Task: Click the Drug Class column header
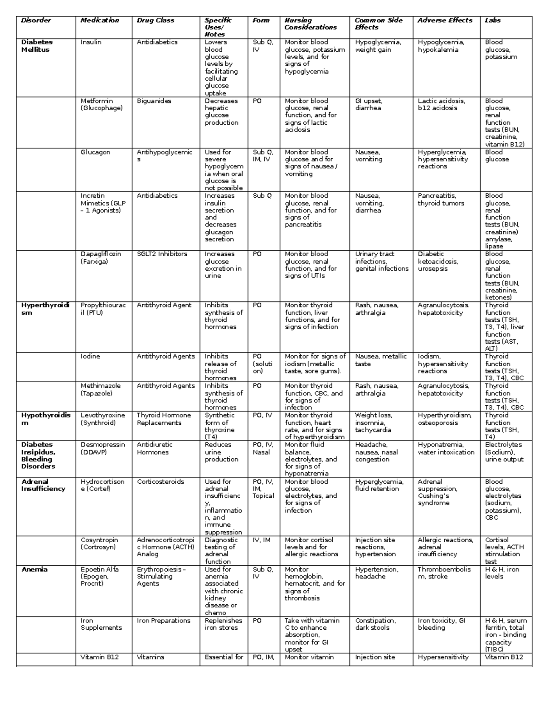[155, 20]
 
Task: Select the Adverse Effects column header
[445, 20]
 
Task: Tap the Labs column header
[493, 20]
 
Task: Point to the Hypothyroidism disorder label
[45, 419]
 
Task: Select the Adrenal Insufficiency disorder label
[43, 485]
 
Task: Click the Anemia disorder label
[34, 569]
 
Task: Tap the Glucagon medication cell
[95, 152]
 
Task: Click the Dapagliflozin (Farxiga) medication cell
[101, 257]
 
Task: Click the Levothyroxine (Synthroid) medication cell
[102, 419]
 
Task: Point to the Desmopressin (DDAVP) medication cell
[102, 448]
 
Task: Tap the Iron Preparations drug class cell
[163, 621]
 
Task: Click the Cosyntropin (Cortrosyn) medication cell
[99, 544]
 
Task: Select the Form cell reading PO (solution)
[263, 364]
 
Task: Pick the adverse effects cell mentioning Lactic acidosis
[441, 104]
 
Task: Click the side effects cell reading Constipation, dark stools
[375, 624]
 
